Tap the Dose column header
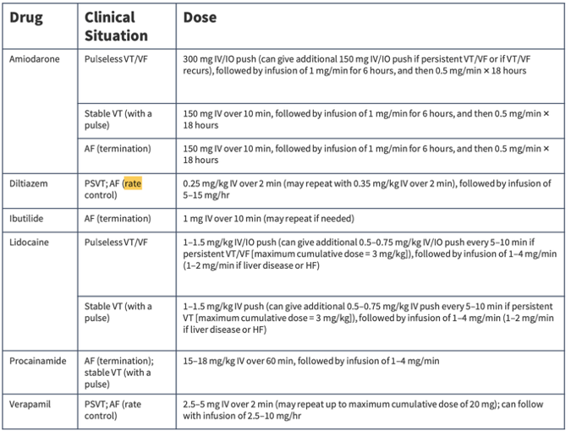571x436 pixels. tap(200, 18)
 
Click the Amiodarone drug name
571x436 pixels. tap(34, 59)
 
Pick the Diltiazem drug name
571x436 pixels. tap(30, 183)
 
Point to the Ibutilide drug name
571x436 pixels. tap(28, 218)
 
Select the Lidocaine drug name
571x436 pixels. tap(30, 242)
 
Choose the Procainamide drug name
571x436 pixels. tap(37, 361)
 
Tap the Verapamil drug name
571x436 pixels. tap(30, 405)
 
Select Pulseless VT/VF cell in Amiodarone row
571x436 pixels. tap(116, 59)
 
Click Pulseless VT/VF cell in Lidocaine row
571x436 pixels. tap(116, 242)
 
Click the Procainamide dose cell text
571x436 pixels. tap(310, 361)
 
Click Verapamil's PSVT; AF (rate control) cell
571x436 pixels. tap(113, 411)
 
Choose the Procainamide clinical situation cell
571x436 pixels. tap(118, 372)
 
